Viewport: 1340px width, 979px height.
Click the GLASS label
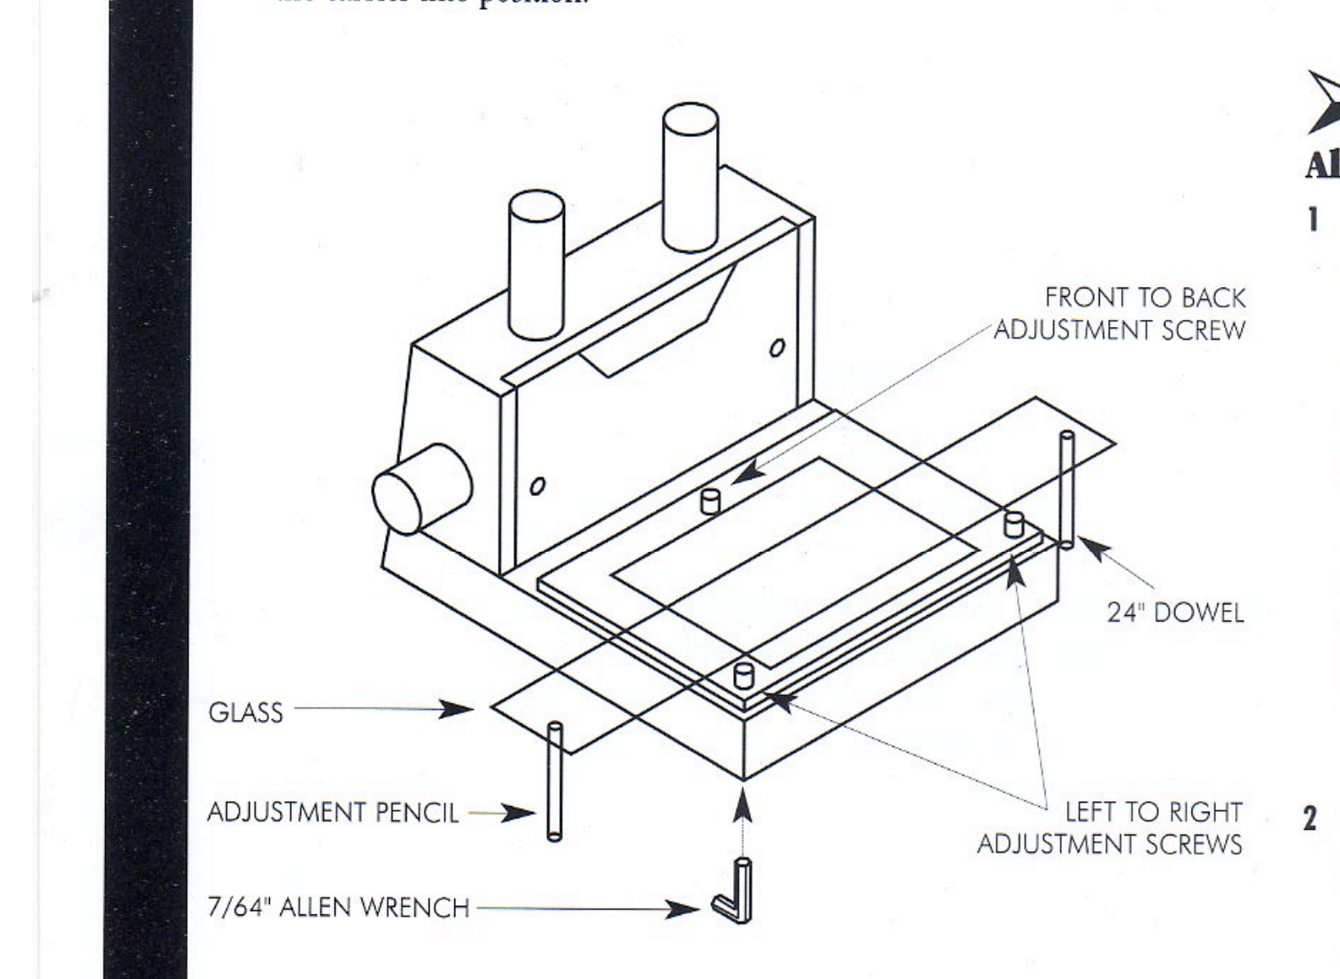click(245, 713)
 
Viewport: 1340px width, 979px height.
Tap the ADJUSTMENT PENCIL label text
click(333, 813)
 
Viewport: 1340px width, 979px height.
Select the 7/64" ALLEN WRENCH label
click(338, 908)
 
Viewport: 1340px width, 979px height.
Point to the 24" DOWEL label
click(1175, 612)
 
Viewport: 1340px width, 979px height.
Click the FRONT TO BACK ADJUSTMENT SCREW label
click(1120, 314)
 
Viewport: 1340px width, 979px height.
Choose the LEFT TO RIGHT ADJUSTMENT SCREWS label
click(1110, 827)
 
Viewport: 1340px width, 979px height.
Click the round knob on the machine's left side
click(422, 489)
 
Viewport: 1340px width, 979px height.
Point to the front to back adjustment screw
click(710, 500)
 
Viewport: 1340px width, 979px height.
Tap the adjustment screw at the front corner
click(744, 675)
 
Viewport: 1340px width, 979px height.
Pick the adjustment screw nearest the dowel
click(1014, 524)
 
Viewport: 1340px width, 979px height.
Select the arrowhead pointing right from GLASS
click(455, 710)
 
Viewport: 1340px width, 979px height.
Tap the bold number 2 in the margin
click(1310, 817)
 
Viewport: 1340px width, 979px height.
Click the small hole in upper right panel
click(777, 348)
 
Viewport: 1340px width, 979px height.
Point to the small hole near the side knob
click(537, 486)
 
